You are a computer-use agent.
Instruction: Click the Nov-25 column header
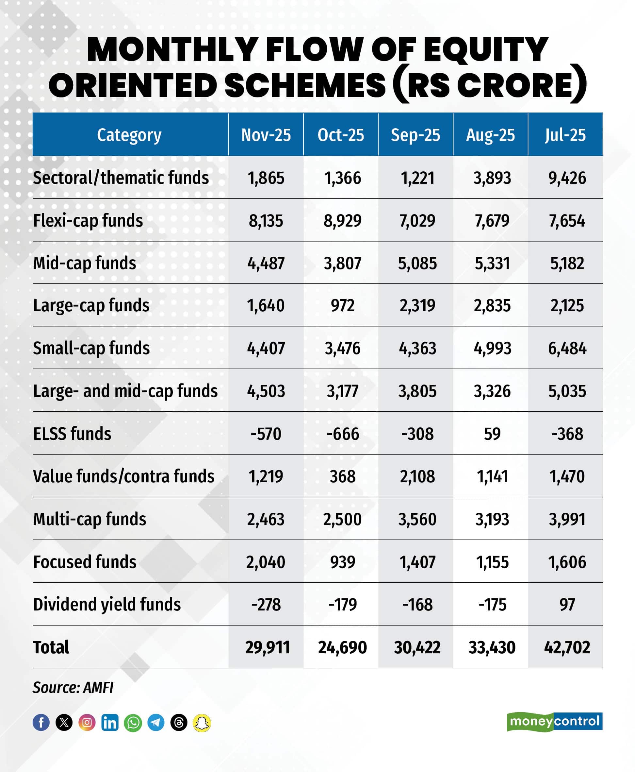coord(266,135)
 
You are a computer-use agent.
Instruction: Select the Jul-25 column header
coord(565,135)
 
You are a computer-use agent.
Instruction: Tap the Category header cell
coord(129,135)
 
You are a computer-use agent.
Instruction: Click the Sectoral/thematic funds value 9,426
coord(567,178)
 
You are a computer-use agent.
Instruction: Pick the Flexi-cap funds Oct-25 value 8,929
coord(342,221)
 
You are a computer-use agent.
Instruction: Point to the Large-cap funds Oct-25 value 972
coord(342,305)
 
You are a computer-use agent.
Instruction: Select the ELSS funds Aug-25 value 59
coord(492,434)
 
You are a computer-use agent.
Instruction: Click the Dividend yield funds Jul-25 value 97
coord(567,605)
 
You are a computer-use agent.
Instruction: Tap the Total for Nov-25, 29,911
coord(268,647)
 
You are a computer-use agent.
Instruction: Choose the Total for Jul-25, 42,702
coord(567,647)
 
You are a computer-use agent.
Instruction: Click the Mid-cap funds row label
coord(85,263)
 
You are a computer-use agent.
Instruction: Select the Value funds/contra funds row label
coord(123,476)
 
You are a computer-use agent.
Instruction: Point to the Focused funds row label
coord(85,562)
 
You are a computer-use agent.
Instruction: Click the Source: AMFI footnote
coord(73,687)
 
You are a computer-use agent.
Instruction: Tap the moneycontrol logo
coord(554,721)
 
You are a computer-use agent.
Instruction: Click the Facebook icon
coord(41,723)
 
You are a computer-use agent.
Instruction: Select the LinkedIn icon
coord(110,723)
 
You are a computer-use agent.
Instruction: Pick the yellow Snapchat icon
coord(202,723)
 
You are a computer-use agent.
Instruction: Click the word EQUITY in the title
coord(485,49)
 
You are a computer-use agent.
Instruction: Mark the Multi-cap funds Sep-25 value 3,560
coord(417,519)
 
